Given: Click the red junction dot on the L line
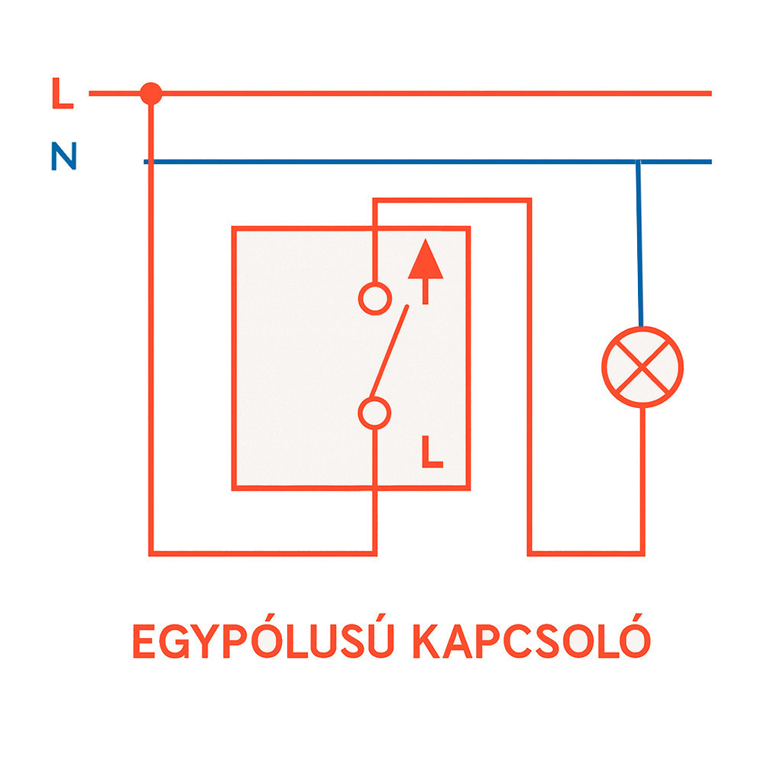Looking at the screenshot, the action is pos(151,93).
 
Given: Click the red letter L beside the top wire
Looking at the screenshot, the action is pos(63,92).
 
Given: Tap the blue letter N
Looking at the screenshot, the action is pos(64,156).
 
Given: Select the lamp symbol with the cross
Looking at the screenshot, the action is pos(643,367).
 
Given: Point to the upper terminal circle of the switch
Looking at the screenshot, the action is pos(375,298).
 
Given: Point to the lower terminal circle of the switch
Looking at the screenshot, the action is pos(374,413).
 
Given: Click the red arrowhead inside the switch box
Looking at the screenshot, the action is pos(426,259).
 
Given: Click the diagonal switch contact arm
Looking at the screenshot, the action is pos(389,351).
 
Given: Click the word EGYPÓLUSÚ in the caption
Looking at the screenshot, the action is pos(263,636).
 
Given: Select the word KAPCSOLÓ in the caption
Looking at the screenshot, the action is pos(532,636).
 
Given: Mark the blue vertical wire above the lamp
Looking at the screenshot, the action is pos(639,244).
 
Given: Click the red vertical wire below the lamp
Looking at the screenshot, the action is pos(643,480).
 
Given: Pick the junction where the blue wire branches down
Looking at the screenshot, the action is pos(638,162).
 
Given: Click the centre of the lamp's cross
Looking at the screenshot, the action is pos(643,367).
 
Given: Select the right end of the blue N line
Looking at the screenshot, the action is pos(711,162).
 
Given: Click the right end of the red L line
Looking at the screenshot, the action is pos(711,93).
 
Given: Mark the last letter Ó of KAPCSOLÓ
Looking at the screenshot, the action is pos(636,636).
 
